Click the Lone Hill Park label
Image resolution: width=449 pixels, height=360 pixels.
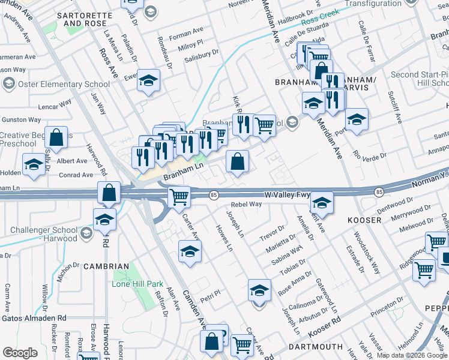click(x=137, y=283)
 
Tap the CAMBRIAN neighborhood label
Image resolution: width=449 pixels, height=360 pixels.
click(x=106, y=266)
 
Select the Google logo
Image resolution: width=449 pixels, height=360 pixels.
click(x=20, y=353)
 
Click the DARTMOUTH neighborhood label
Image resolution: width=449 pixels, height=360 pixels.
click(x=315, y=347)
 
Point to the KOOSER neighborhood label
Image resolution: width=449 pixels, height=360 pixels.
click(x=364, y=220)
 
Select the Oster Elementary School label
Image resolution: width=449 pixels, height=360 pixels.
click(x=64, y=84)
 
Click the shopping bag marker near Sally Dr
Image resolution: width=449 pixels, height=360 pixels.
click(x=56, y=137)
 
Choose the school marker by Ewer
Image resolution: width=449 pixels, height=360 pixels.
click(x=147, y=80)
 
